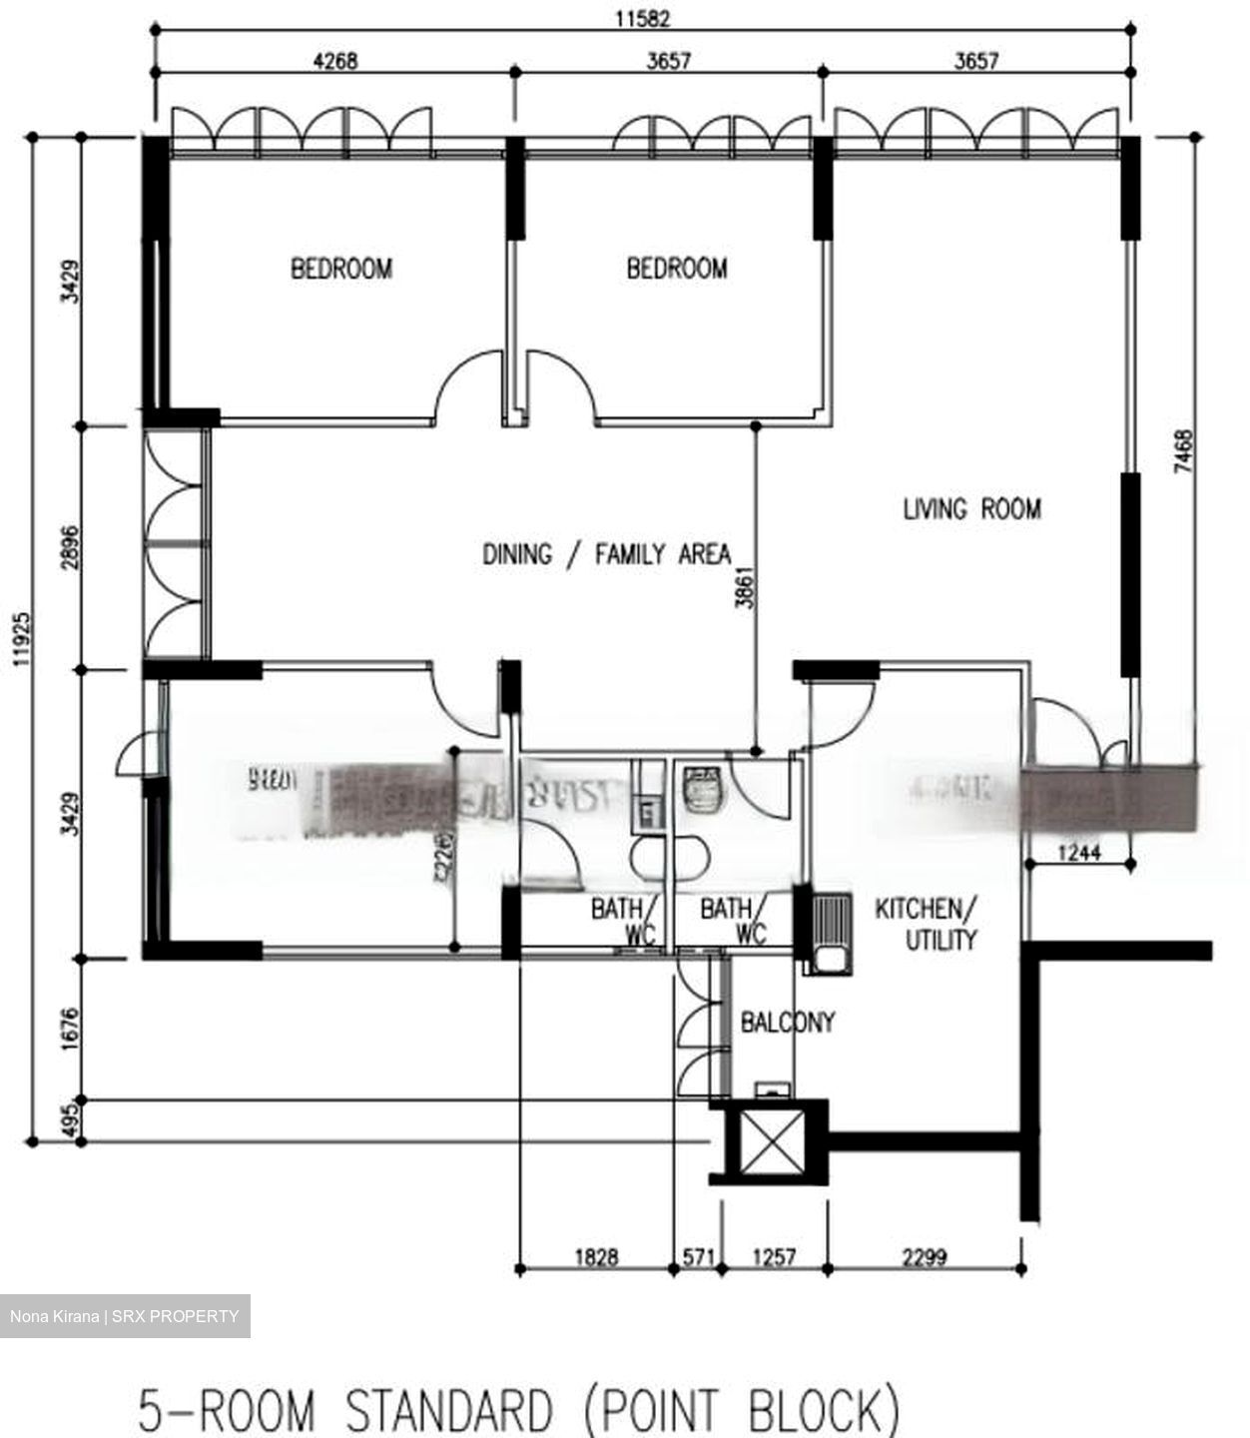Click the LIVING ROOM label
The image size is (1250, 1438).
point(971,509)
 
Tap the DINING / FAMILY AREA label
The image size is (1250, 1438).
point(606,554)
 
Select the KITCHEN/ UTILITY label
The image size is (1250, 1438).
point(927,924)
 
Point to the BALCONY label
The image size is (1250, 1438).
point(787,1023)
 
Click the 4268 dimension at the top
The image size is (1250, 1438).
point(334,62)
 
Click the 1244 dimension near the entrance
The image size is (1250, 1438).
point(1078,852)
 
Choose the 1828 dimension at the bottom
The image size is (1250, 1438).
point(596,1256)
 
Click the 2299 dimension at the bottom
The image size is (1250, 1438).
point(924,1256)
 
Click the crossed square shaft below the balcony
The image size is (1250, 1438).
point(770,1140)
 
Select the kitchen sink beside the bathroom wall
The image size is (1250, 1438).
point(830,932)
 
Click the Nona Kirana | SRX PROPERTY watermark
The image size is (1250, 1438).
point(125,1316)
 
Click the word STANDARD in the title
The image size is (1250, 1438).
point(448,1411)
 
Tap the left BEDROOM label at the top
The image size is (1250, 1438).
point(341,269)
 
